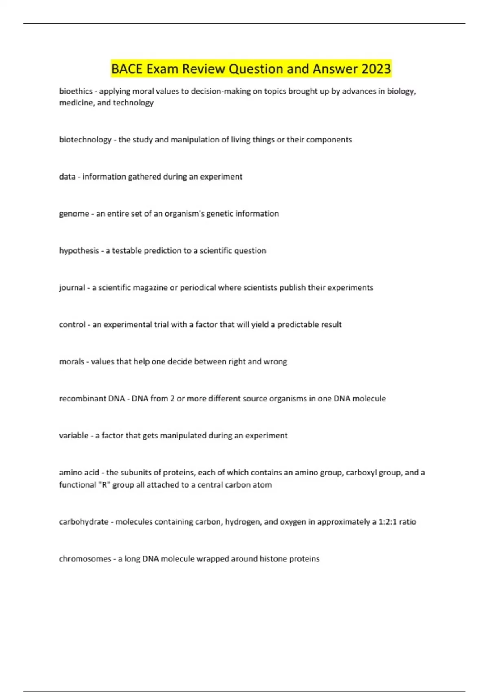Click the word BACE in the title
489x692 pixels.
(127, 69)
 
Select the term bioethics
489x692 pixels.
(76, 91)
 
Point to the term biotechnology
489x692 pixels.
(85, 140)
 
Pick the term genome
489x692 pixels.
(74, 214)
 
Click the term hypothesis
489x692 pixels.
(79, 251)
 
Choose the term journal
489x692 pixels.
(72, 288)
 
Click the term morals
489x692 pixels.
(71, 361)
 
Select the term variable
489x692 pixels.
(73, 436)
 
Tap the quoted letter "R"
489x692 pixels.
(104, 485)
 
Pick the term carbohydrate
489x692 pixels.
(84, 522)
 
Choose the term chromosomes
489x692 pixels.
(85, 559)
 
